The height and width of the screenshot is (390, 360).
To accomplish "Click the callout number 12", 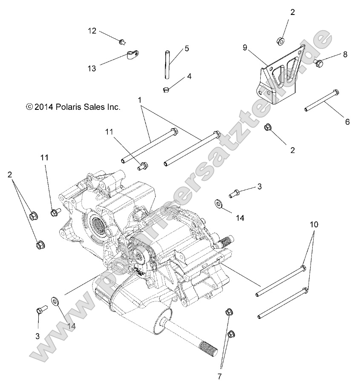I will [x=92, y=31].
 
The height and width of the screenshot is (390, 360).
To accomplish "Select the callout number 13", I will [x=92, y=68].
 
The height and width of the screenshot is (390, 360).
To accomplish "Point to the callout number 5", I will [x=186, y=49].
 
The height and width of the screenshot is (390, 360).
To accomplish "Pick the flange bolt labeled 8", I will [x=319, y=63].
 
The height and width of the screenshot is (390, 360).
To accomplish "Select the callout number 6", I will [x=347, y=122].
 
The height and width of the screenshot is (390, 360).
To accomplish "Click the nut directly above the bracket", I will [x=280, y=42].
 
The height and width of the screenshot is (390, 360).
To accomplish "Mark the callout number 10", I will [x=314, y=224].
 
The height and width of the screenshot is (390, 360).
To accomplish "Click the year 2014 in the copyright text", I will [x=43, y=107].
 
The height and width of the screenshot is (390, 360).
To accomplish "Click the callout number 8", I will [x=345, y=54].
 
